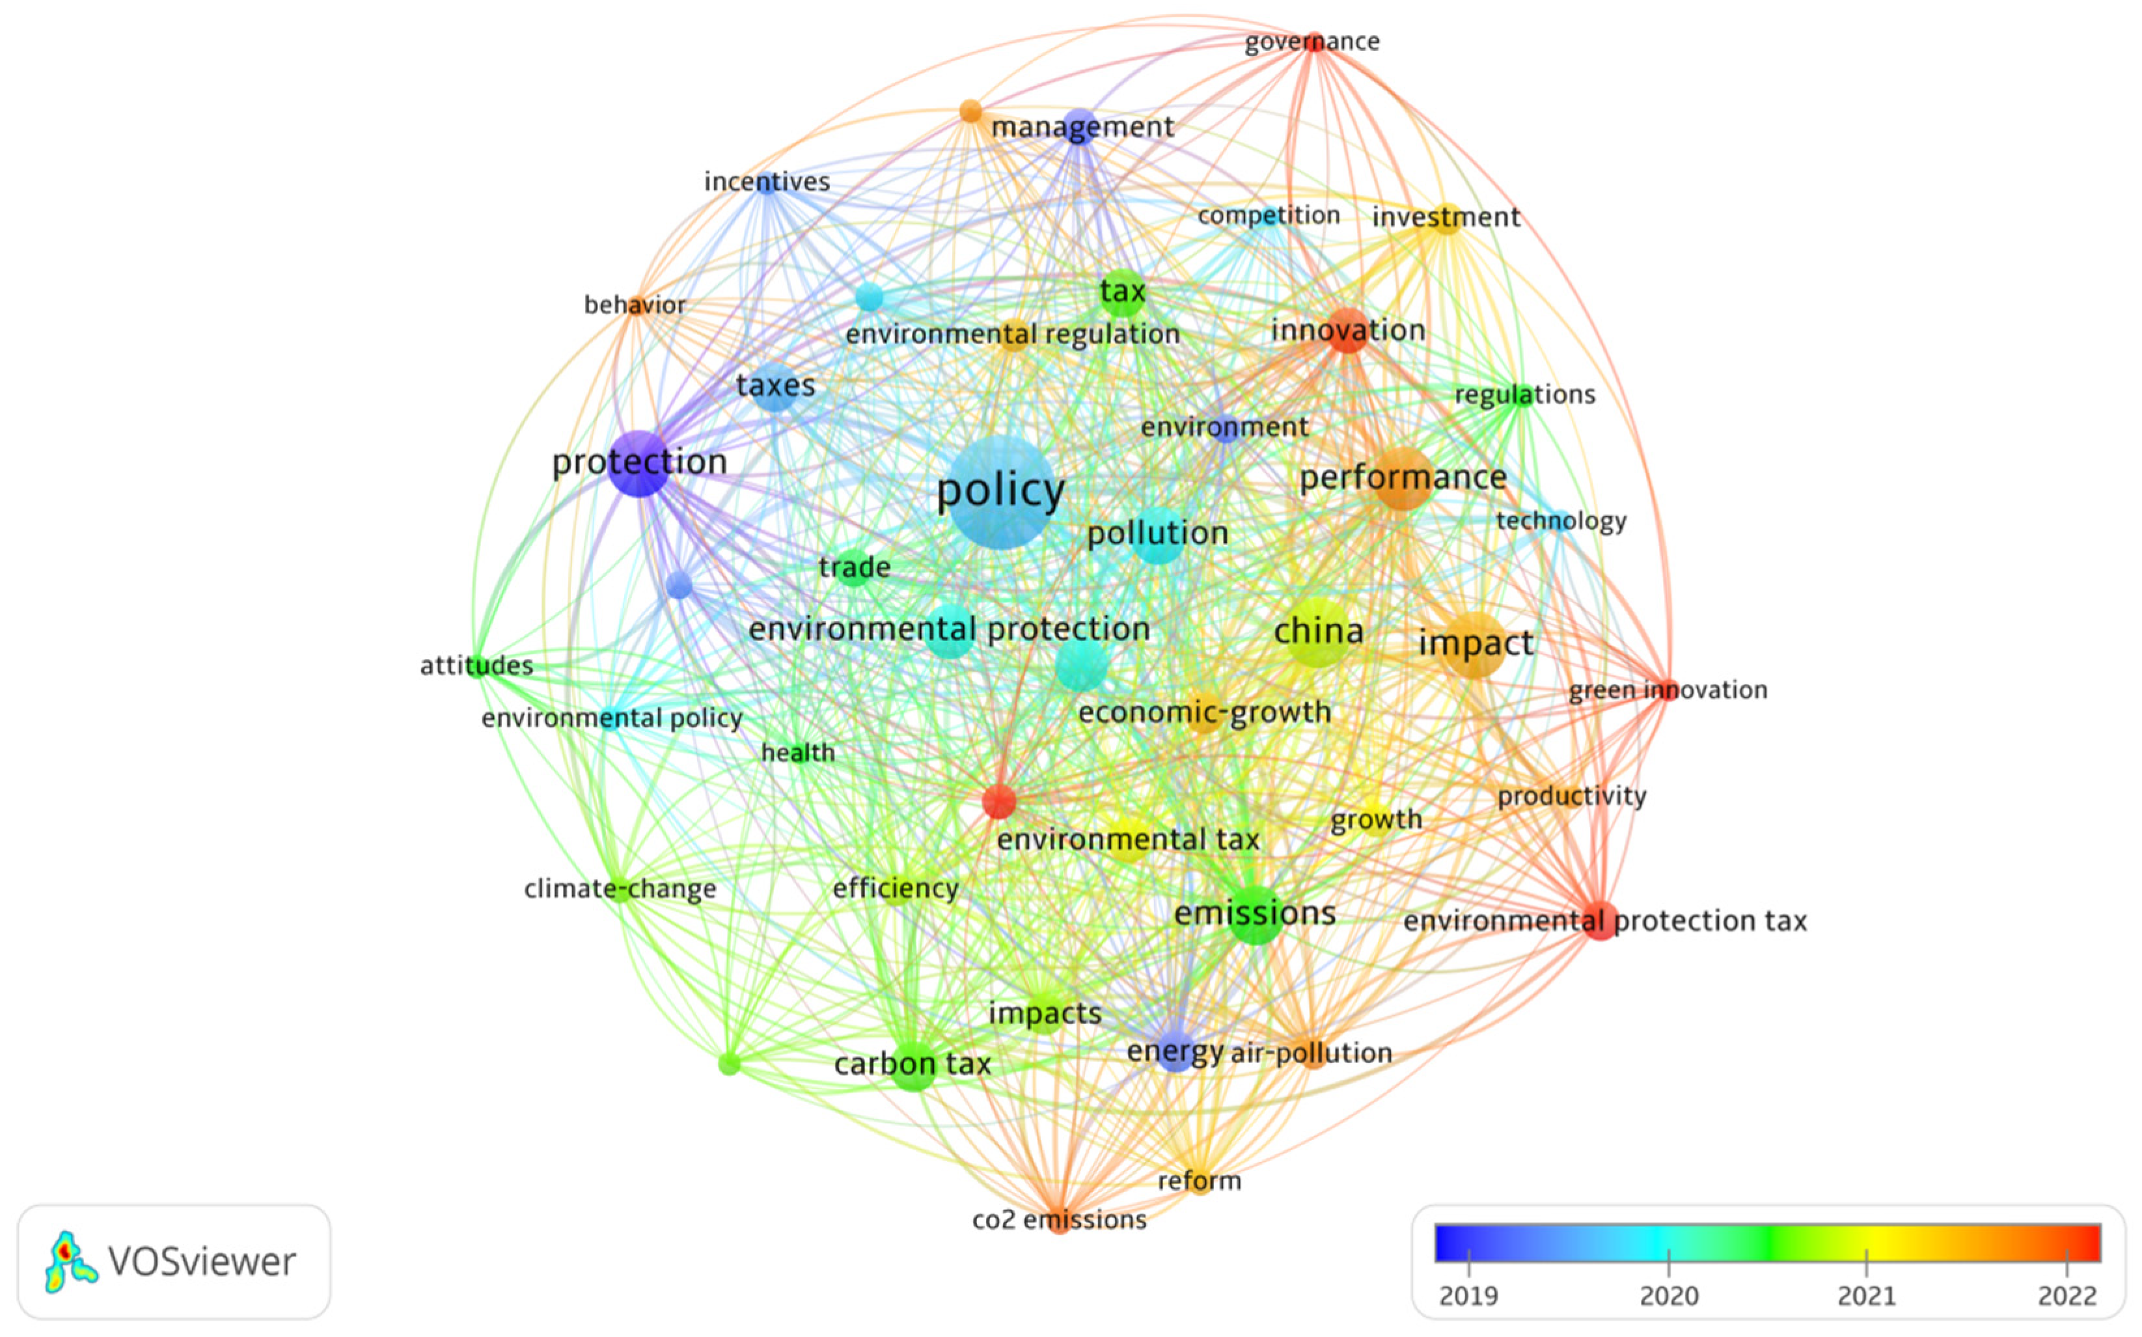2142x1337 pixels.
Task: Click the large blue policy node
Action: pos(1001,492)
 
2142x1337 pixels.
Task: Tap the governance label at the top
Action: pos(1311,42)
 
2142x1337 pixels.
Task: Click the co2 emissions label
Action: pos(1058,1221)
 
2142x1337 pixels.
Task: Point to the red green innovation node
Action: pos(1667,689)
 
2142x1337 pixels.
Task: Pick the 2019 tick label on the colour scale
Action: pos(1468,1295)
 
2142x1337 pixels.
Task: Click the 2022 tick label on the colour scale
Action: pos(2067,1295)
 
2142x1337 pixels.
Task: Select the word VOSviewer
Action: pos(202,1262)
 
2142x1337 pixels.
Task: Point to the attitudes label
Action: pos(476,665)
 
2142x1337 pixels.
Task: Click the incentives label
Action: pos(767,182)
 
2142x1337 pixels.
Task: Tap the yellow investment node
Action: pos(1446,217)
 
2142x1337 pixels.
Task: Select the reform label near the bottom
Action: pos(1200,1180)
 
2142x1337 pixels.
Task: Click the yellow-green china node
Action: pos(1318,632)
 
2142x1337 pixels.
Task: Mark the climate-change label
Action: pos(620,889)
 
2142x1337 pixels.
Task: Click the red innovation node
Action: pos(1347,331)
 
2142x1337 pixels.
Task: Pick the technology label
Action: pos(1561,521)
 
